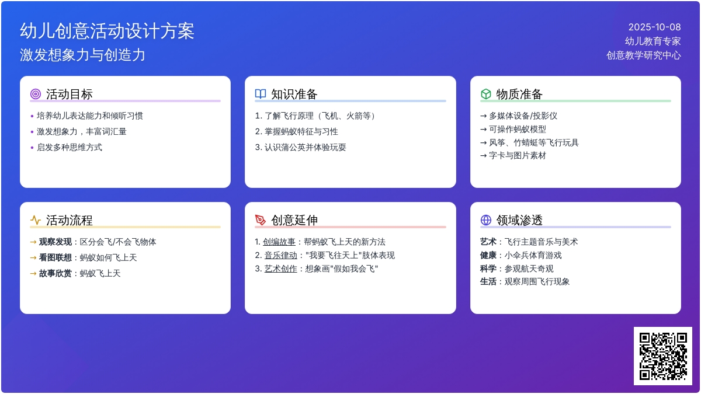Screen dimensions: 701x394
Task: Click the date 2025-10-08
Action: pyautogui.click(x=654, y=27)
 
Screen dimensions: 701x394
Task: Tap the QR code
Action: pyautogui.click(x=663, y=356)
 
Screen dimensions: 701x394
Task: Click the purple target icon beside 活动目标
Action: pyautogui.click(x=36, y=94)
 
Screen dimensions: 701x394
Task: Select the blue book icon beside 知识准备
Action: pyautogui.click(x=261, y=94)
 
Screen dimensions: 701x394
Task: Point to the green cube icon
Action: pyautogui.click(x=485, y=94)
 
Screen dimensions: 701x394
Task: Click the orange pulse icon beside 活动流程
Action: pyautogui.click(x=36, y=220)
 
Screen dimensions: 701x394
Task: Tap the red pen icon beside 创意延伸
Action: pyautogui.click(x=261, y=220)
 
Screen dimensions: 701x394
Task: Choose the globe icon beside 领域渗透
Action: pyautogui.click(x=485, y=220)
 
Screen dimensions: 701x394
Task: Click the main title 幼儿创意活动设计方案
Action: pyautogui.click(x=107, y=31)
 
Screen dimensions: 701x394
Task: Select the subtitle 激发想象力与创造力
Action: pyautogui.click(x=82, y=55)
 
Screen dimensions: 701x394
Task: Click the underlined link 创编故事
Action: pyautogui.click(x=279, y=242)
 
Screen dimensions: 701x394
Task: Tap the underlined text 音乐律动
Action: pyautogui.click(x=281, y=255)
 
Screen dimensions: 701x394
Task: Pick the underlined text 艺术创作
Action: pyautogui.click(x=281, y=269)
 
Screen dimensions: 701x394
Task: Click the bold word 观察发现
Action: pyautogui.click(x=55, y=242)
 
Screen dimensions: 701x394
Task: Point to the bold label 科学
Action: pyautogui.click(x=488, y=269)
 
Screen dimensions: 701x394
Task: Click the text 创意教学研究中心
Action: pyautogui.click(x=644, y=55)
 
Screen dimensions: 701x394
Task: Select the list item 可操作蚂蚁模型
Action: pyautogui.click(x=518, y=129)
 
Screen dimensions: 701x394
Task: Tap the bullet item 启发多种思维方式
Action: pyautogui.click(x=70, y=147)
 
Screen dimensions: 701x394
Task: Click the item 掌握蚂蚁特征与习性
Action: pyautogui.click(x=301, y=131)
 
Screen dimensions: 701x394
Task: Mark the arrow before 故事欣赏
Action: pyautogui.click(x=33, y=274)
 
